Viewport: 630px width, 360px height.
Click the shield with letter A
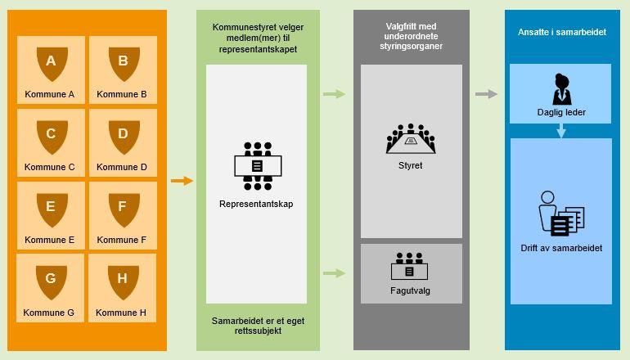pos(51,63)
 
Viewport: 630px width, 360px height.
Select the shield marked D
pos(123,136)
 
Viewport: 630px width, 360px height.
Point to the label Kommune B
pos(122,94)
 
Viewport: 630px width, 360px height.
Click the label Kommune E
pos(50,240)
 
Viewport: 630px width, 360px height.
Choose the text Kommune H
pos(121,313)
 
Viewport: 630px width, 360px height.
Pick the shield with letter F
pos(123,209)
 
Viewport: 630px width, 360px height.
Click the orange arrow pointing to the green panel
pos(182,181)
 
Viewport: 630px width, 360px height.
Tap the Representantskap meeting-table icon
pos(257,165)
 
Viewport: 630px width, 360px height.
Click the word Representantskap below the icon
pos(256,204)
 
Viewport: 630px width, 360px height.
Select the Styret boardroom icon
pos(411,140)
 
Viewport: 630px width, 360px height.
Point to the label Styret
pos(411,165)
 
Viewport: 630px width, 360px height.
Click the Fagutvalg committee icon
pos(411,267)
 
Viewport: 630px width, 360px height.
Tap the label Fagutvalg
pos(411,290)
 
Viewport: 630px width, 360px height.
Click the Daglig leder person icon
pos(560,88)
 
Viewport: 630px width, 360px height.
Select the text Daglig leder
pos(560,112)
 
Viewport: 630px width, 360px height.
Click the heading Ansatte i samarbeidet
pos(562,32)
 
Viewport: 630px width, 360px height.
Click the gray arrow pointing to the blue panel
pos(486,94)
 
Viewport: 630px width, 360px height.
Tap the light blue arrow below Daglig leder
pos(560,130)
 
